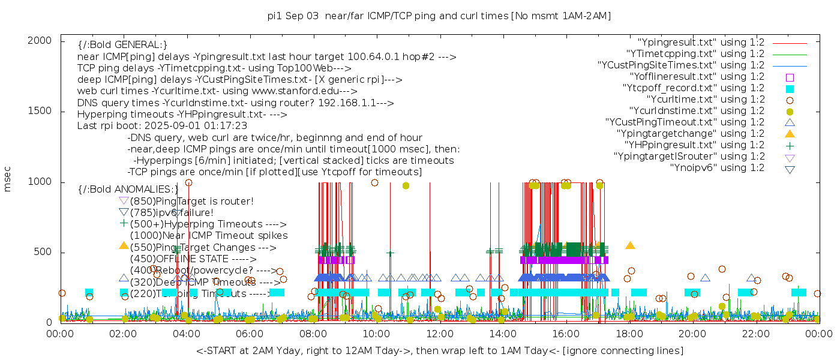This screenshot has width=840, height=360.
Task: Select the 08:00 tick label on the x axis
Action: point(313,333)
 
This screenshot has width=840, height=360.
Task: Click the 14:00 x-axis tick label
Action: point(503,333)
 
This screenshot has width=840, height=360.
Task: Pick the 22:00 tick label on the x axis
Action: point(755,333)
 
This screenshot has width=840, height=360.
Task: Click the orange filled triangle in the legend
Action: point(790,133)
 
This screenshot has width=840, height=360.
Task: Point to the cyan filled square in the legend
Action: point(790,88)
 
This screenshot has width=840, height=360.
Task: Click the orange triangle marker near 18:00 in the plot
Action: point(630,245)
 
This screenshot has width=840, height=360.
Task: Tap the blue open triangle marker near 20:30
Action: point(705,278)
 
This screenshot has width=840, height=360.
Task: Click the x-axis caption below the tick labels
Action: point(439,350)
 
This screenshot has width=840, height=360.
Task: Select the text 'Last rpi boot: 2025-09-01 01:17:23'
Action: point(162,126)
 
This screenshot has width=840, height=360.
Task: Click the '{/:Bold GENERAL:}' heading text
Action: point(122,45)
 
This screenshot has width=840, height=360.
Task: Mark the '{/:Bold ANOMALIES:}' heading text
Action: point(128,189)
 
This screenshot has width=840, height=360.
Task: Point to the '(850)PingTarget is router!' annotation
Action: point(191,201)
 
